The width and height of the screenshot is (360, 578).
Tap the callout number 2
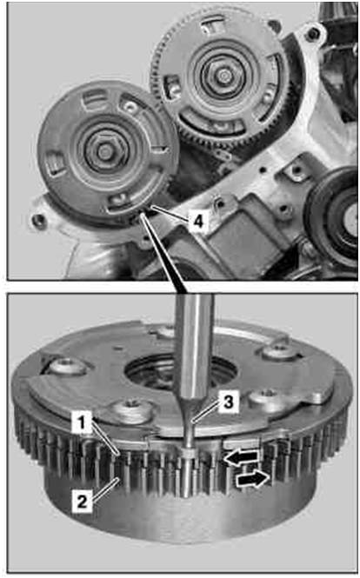click(82, 501)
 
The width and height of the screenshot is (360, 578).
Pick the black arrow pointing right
click(252, 480)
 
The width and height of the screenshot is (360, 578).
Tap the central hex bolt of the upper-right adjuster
click(223, 76)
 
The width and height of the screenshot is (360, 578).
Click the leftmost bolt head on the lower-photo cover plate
click(69, 367)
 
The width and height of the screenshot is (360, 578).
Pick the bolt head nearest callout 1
click(131, 410)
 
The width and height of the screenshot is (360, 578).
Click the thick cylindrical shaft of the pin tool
click(193, 347)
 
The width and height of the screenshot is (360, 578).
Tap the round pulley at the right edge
click(337, 214)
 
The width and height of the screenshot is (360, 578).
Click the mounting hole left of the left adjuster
click(38, 221)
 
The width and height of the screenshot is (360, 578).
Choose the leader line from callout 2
click(105, 489)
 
